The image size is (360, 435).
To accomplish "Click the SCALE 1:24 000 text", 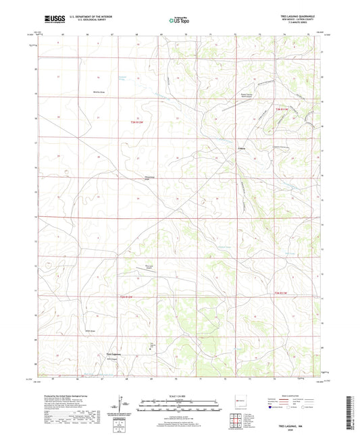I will click(180, 396).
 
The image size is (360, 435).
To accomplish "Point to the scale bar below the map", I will click(180, 407).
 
